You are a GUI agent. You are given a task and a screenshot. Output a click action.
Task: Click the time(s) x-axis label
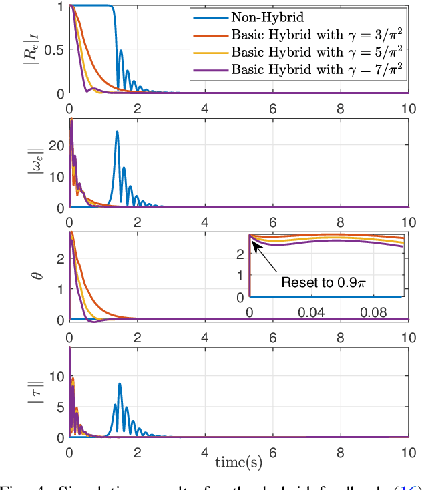pos(238,461)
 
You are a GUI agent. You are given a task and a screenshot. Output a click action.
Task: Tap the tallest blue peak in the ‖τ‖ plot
pos(120,383)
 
